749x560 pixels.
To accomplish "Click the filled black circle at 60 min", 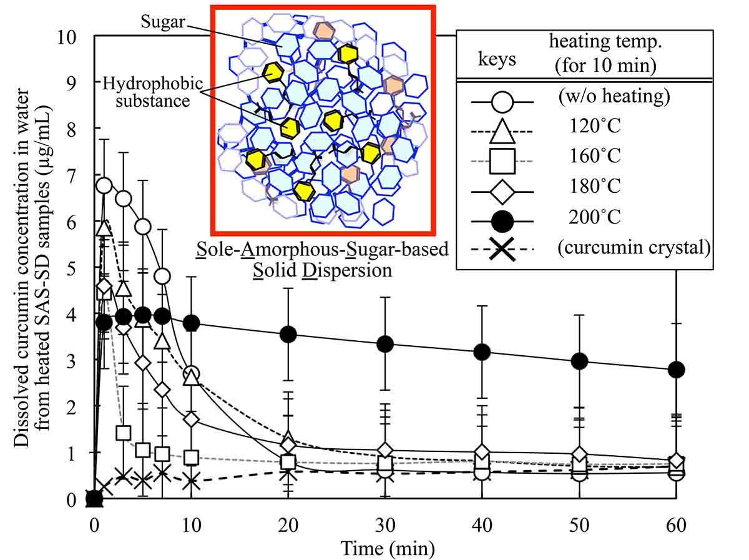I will coord(676,370).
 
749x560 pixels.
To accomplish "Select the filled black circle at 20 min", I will coord(288,334).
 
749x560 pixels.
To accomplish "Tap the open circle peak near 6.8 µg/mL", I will coord(104,185).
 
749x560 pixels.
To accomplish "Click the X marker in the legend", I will coord(504,249).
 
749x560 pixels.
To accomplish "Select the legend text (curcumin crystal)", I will coord(634,248).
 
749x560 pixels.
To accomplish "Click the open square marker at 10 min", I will coord(191,457).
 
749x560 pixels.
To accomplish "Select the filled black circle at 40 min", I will coord(482,352).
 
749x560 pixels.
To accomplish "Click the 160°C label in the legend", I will coord(595,155).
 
